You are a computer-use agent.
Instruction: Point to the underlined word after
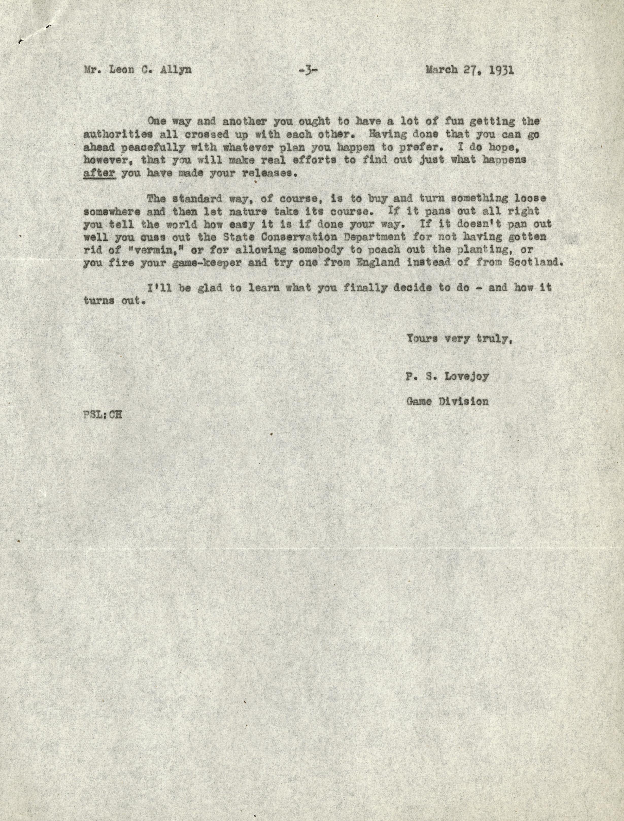tap(99, 173)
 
